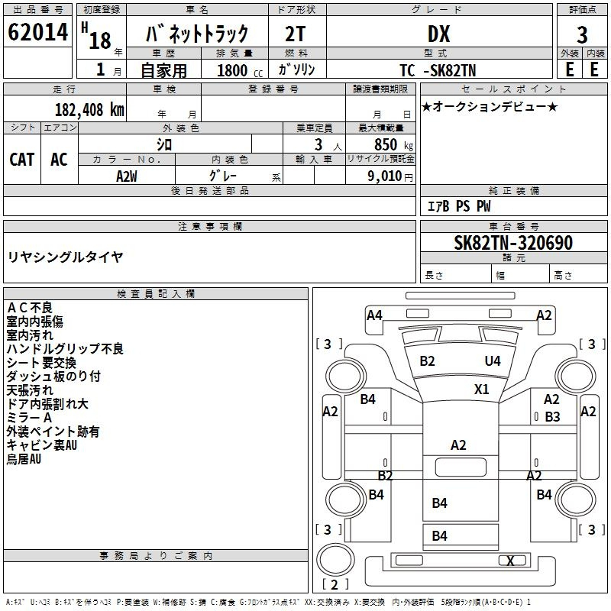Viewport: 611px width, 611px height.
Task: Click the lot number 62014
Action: click(x=38, y=34)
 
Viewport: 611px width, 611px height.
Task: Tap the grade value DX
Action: click(x=438, y=34)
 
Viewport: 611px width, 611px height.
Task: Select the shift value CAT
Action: click(x=22, y=159)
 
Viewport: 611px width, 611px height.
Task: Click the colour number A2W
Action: click(x=127, y=176)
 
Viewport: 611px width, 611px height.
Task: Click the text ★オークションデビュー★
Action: click(x=489, y=107)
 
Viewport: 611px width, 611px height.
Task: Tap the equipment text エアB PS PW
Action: click(x=458, y=206)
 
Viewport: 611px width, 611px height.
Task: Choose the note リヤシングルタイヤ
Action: click(x=65, y=257)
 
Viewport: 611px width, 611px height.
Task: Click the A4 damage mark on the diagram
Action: click(x=374, y=315)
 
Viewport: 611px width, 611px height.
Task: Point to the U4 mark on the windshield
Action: click(x=493, y=360)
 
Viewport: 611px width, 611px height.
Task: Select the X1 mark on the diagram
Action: click(x=481, y=389)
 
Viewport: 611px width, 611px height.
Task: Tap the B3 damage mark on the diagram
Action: click(x=552, y=417)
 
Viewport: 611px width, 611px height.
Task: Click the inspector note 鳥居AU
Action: click(x=24, y=459)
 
